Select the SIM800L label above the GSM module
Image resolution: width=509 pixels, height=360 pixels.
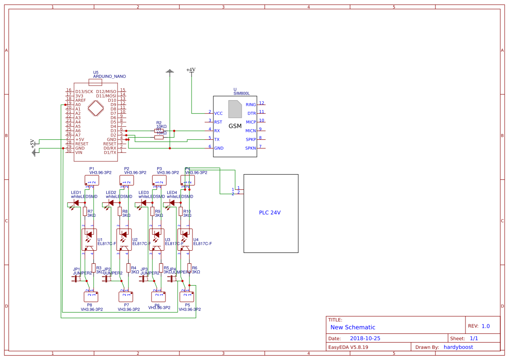242,93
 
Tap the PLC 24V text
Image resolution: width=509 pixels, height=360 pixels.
270,213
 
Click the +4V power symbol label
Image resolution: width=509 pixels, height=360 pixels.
191,70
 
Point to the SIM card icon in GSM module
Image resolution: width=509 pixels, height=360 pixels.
235,109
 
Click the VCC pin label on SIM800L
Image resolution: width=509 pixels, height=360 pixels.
218,113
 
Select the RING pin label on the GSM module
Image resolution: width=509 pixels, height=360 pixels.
251,104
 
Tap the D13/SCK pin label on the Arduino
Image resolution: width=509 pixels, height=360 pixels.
84,91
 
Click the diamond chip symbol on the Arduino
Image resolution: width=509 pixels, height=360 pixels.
96,108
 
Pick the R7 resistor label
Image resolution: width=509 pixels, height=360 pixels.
90,211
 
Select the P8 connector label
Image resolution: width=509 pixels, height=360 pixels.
90,305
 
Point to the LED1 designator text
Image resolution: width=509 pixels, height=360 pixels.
76,192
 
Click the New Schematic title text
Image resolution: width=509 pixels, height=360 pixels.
353,327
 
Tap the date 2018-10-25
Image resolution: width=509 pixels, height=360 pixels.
365,338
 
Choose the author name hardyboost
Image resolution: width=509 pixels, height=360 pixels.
458,347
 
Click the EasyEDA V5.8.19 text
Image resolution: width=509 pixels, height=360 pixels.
348,347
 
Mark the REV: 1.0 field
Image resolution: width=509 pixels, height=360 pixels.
479,326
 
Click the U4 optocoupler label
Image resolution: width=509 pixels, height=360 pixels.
196,239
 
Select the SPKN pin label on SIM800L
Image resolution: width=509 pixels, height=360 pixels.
251,148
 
